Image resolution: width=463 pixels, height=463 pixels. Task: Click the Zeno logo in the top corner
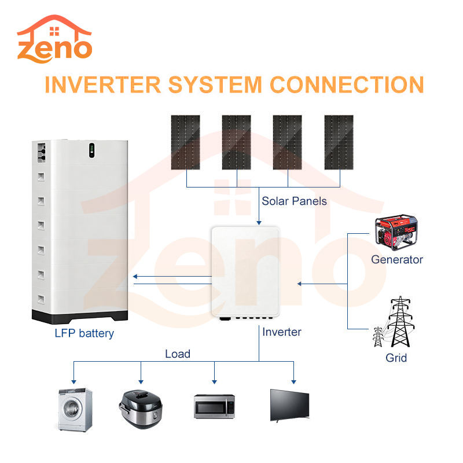coord(54,39)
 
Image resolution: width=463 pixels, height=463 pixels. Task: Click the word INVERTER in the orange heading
coord(102,84)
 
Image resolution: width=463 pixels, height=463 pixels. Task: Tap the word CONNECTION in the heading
coord(347,84)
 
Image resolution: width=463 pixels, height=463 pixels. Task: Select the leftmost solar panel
coord(185,142)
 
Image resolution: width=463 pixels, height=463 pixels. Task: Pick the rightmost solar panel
coord(339,142)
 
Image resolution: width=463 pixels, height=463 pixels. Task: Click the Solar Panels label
coord(294,201)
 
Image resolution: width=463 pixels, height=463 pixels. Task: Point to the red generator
coord(396,233)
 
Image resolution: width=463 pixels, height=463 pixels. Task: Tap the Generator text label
coord(397,259)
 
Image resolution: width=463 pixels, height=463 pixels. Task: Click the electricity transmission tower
coord(394,322)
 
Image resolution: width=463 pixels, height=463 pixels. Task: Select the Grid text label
coord(396,358)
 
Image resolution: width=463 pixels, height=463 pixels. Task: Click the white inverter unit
coord(245,273)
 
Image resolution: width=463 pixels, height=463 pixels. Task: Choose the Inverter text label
coord(282,332)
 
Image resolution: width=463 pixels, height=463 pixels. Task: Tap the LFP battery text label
coord(84,333)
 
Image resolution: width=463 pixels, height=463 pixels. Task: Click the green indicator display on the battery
coord(92,150)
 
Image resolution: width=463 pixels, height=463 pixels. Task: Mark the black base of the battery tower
coord(80,317)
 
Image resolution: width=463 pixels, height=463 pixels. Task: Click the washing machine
coord(75,410)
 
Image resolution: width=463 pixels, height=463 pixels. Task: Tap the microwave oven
coord(214,407)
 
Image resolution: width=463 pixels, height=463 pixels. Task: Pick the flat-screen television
coord(290,406)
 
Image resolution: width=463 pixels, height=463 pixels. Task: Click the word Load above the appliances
coord(178,354)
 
